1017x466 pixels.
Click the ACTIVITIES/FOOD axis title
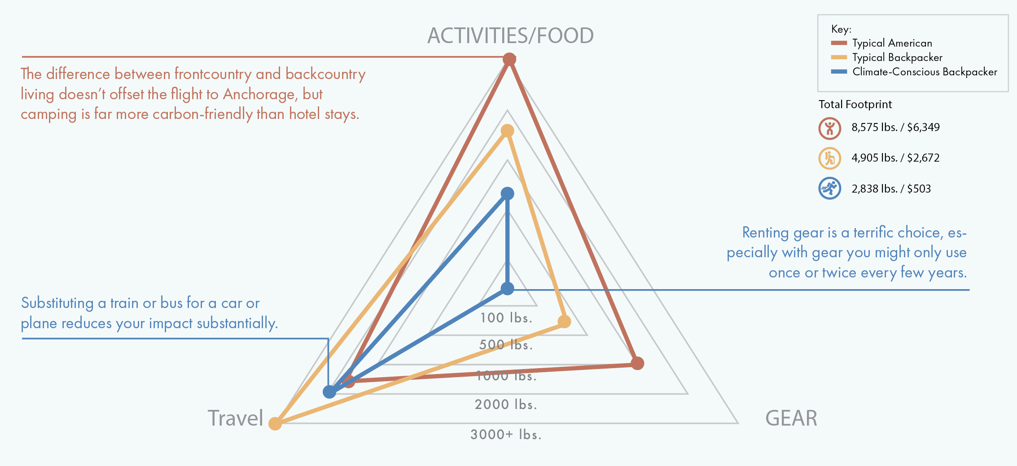(510, 35)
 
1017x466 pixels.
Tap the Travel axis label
(235, 418)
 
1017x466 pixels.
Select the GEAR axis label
(791, 418)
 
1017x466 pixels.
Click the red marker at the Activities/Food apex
(509, 59)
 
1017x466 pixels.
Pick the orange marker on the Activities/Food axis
(507, 131)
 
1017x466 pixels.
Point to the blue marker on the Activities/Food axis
(507, 193)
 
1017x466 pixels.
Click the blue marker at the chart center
(507, 289)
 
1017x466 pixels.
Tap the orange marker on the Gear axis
(564, 321)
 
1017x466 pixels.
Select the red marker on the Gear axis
(637, 363)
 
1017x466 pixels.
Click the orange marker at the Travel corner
(275, 423)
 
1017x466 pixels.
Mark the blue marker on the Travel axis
(329, 392)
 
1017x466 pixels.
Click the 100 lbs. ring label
(506, 318)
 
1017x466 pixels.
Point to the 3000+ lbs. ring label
(506, 435)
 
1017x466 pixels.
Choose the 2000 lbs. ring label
(506, 404)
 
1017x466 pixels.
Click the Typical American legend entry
(892, 43)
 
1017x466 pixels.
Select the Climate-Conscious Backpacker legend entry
(924, 72)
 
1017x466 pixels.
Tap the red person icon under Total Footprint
(829, 128)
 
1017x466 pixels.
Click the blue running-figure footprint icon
(829, 189)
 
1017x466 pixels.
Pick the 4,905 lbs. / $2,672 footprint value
(895, 158)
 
